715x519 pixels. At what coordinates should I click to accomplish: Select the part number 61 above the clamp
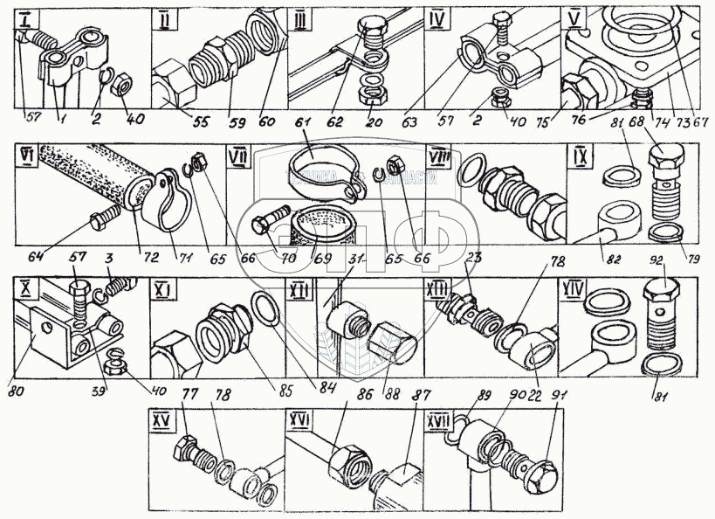pos(304,131)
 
